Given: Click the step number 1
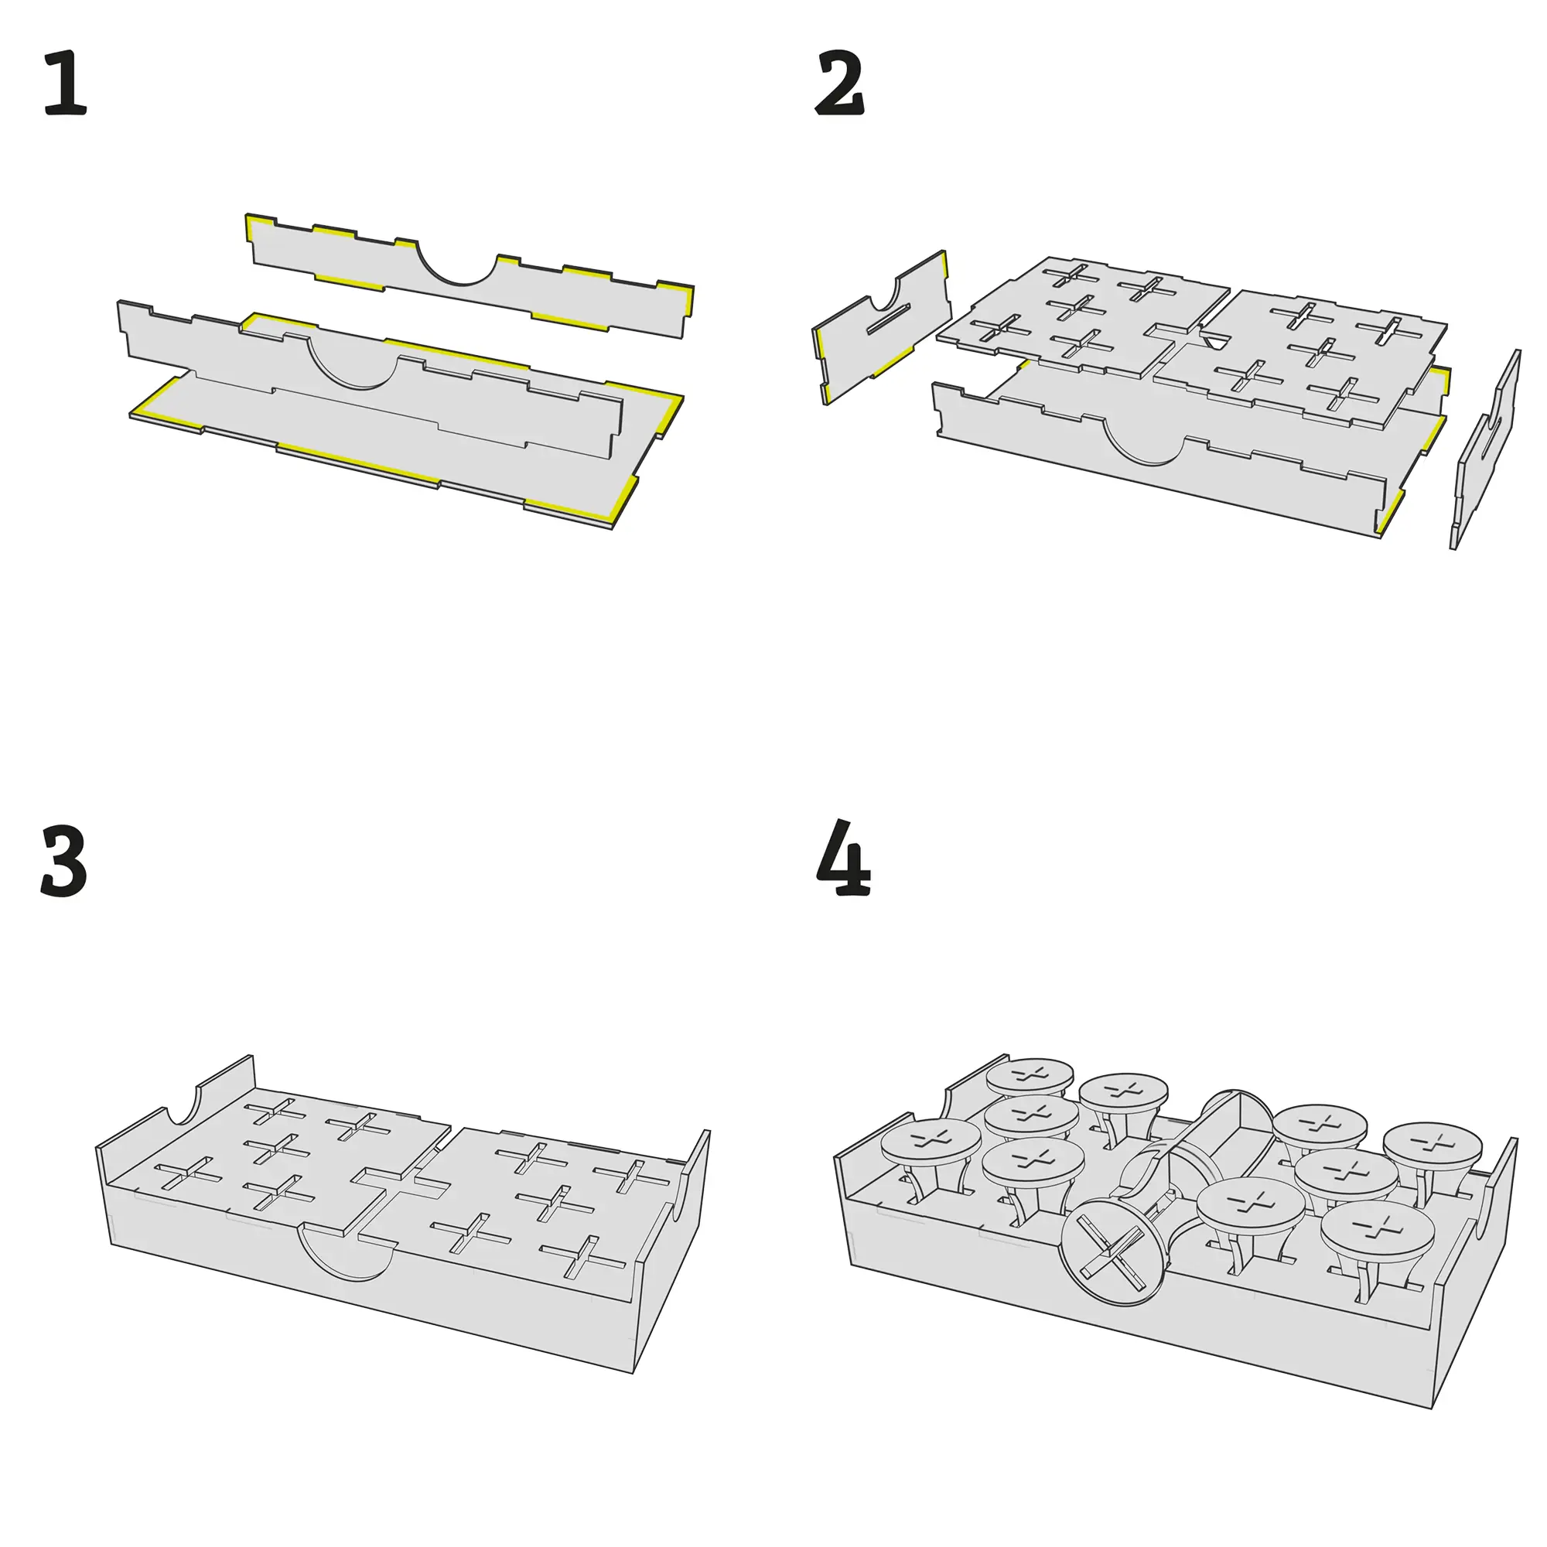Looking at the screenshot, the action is pyautogui.click(x=65, y=83).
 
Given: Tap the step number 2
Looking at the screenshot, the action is pyautogui.click(x=839, y=83).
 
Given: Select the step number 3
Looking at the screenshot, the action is pyautogui.click(x=63, y=862).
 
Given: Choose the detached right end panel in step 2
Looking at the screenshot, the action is pyautogui.click(x=1485, y=449).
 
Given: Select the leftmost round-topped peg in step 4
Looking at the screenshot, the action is pyautogui.click(x=931, y=1144).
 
